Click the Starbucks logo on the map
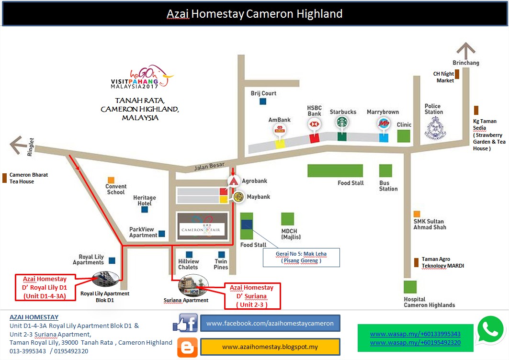(x=341, y=123)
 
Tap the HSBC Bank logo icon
(x=314, y=124)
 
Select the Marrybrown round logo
(x=383, y=123)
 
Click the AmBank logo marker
(x=279, y=129)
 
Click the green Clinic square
(x=404, y=136)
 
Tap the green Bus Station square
(x=385, y=171)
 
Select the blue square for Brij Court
(x=263, y=101)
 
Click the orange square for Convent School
(x=111, y=179)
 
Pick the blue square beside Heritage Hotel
(x=145, y=209)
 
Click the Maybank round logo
(x=238, y=196)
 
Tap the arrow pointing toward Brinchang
(x=465, y=50)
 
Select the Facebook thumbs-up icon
(x=185, y=323)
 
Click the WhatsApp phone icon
(x=491, y=329)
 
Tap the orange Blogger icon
(x=187, y=347)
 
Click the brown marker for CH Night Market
(x=457, y=74)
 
